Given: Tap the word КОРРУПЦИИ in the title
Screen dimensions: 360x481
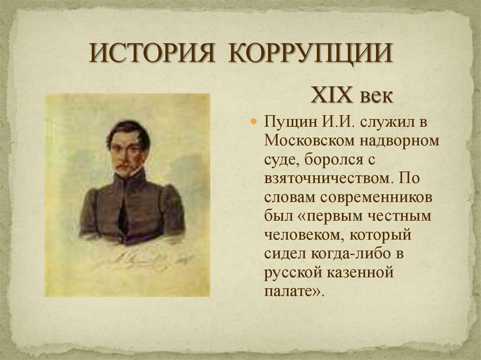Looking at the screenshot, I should pyautogui.click(x=310, y=54).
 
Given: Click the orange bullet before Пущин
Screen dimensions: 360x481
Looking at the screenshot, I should pyautogui.click(x=254, y=122).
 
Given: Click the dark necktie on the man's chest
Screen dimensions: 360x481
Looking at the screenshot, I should pyautogui.click(x=123, y=216).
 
